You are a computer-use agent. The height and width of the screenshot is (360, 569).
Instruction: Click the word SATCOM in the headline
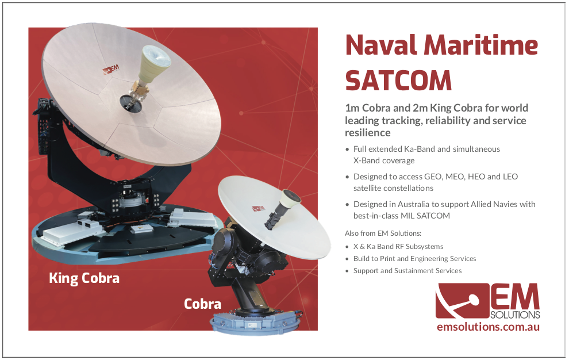[x=398, y=81]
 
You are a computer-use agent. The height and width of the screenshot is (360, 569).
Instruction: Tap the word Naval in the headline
[x=381, y=45]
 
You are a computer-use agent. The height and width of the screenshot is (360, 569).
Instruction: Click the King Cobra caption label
[x=84, y=278]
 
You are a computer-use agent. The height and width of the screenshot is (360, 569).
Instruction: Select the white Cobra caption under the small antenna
[x=202, y=304]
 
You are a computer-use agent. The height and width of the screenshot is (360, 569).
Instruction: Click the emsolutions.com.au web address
[x=488, y=327]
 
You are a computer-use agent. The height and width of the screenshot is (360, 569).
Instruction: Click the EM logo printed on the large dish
[x=111, y=69]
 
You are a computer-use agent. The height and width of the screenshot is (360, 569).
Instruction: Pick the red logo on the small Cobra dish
[x=259, y=209]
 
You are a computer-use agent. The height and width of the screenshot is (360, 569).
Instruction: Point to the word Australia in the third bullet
[x=414, y=204]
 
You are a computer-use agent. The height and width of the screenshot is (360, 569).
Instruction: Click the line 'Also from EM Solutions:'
[x=383, y=233]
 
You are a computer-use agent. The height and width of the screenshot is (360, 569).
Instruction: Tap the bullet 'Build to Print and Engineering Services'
[x=415, y=259]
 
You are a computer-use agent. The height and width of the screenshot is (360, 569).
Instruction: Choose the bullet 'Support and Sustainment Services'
[x=407, y=271]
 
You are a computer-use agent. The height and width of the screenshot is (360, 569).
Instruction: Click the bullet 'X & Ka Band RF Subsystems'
[x=398, y=247]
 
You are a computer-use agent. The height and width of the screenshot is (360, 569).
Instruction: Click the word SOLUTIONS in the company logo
[x=515, y=315]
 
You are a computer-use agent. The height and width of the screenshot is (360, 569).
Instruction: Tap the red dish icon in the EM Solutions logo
[x=462, y=301]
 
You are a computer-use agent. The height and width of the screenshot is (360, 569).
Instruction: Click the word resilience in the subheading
[x=368, y=133]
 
